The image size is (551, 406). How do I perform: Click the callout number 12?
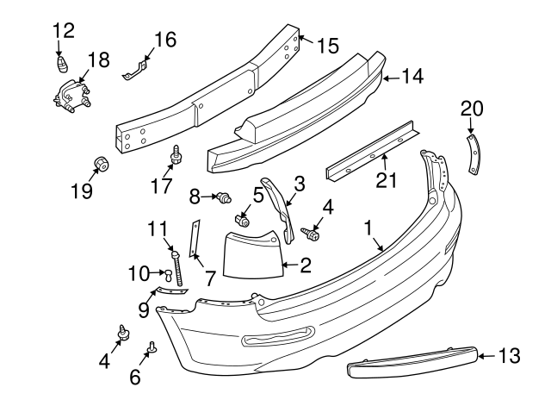[63, 30]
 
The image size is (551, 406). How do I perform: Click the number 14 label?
[412, 77]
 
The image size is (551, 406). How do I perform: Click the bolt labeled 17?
[176, 155]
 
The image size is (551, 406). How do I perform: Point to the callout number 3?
[299, 183]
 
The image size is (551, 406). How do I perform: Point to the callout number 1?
[368, 229]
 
